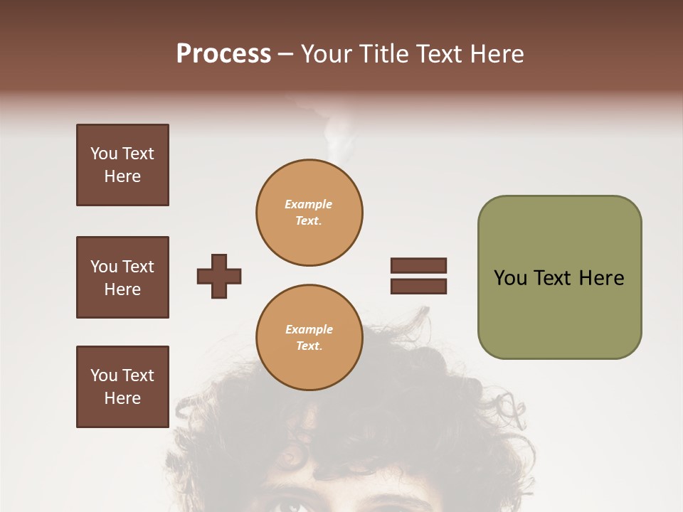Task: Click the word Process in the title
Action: click(223, 54)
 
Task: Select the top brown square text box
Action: click(122, 165)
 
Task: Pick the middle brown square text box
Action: click(122, 277)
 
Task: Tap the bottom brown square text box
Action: click(122, 387)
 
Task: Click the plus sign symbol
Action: click(219, 276)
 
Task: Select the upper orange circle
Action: click(309, 213)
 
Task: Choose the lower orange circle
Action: click(309, 338)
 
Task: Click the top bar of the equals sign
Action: click(418, 266)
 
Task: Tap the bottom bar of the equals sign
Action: click(418, 286)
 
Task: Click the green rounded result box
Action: click(559, 277)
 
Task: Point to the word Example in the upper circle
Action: click(309, 204)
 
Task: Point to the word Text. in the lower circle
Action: click(309, 346)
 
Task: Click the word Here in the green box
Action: click(601, 278)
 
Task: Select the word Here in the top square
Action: click(122, 176)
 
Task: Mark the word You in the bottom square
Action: click(104, 375)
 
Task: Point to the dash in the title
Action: click(285, 55)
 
